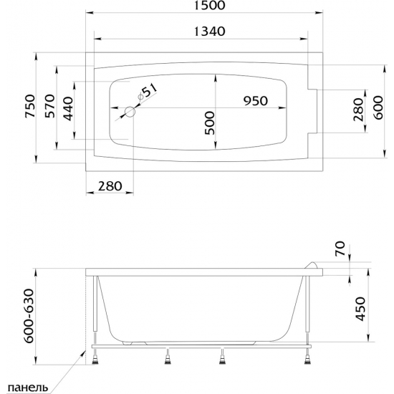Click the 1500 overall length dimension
(x=210, y=5)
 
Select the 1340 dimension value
(x=210, y=32)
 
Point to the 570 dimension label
(x=49, y=106)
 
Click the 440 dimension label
(x=67, y=109)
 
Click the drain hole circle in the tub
(x=130, y=112)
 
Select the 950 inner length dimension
(x=255, y=101)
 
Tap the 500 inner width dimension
(x=210, y=123)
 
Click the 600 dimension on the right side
(x=378, y=107)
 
